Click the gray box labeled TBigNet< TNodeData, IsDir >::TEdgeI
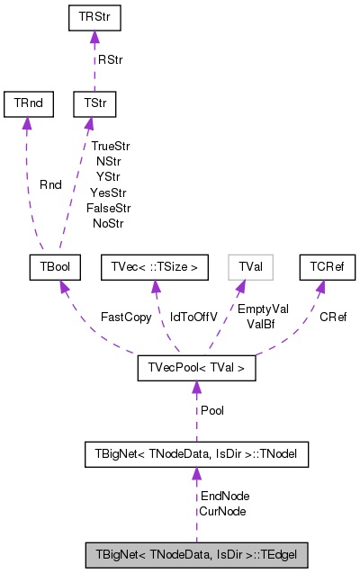point(196,555)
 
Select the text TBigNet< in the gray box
point(120,555)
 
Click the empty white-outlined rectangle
point(250,267)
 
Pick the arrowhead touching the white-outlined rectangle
point(240,287)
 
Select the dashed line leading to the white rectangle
point(224,319)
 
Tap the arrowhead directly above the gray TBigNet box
point(196,473)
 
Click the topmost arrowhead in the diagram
point(94,37)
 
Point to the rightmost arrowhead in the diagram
point(319,287)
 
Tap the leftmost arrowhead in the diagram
point(27,123)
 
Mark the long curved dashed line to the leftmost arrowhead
point(29,189)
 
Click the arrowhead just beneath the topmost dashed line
point(89,123)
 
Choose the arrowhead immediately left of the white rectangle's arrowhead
point(156,287)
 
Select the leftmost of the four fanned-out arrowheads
point(64,287)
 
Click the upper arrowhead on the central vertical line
point(196,387)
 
